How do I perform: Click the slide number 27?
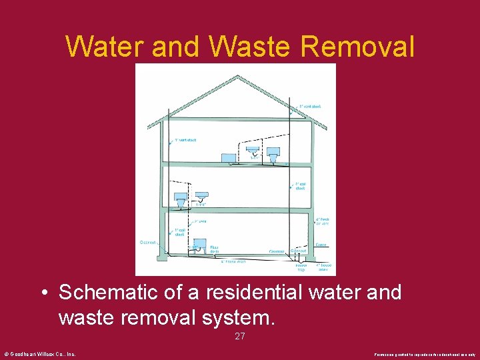tap(240, 337)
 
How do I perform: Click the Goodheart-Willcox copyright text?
tap(40, 354)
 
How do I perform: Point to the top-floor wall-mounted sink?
tap(252, 151)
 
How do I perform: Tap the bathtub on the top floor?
tap(229, 157)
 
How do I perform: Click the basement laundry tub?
tap(199, 245)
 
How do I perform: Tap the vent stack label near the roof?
tap(310, 106)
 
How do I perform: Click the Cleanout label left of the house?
tap(147, 243)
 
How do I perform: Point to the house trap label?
tap(301, 267)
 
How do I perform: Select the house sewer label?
tap(323, 267)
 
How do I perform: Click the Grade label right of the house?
tap(321, 245)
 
